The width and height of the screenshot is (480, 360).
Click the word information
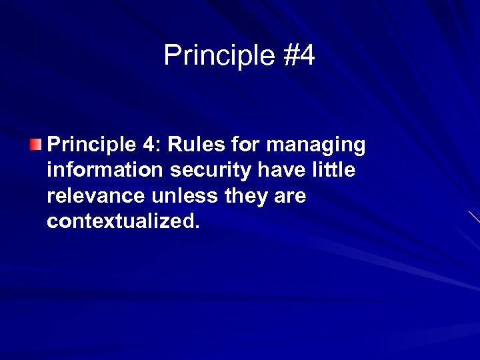(105, 171)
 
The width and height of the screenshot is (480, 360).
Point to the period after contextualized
(196, 227)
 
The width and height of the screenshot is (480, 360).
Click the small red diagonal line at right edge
(474, 217)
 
